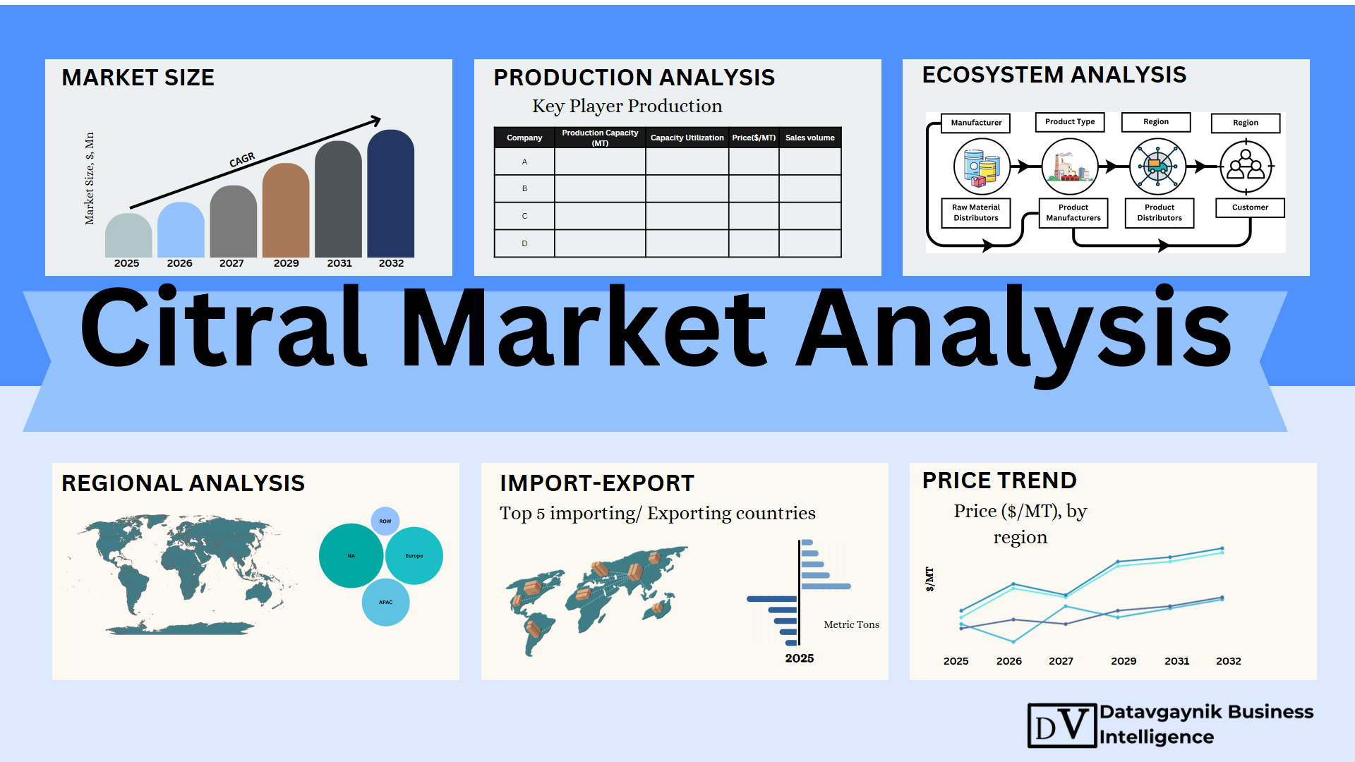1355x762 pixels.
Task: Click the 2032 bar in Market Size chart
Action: point(390,193)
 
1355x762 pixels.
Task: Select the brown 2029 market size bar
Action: point(286,210)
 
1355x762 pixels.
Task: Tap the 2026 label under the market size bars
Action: point(179,263)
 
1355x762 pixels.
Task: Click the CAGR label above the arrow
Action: point(242,160)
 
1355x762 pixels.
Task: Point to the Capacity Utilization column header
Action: point(687,138)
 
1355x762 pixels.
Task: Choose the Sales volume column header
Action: point(809,138)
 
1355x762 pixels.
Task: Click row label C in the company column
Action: point(524,216)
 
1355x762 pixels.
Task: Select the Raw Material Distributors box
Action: point(976,212)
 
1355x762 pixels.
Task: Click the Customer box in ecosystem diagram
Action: point(1250,207)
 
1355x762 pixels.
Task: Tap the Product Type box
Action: point(1070,122)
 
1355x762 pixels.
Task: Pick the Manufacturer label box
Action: point(976,123)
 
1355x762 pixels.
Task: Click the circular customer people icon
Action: point(1246,167)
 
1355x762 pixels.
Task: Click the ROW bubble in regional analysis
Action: point(385,521)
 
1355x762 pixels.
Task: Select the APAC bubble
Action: point(385,603)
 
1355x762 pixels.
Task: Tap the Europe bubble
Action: point(414,556)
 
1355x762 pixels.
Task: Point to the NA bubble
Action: point(351,556)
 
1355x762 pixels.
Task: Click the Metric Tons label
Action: point(852,624)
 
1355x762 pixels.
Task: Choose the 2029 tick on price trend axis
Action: point(1124,661)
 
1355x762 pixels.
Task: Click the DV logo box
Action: point(1062,725)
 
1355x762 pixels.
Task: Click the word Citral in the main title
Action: point(224,327)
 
